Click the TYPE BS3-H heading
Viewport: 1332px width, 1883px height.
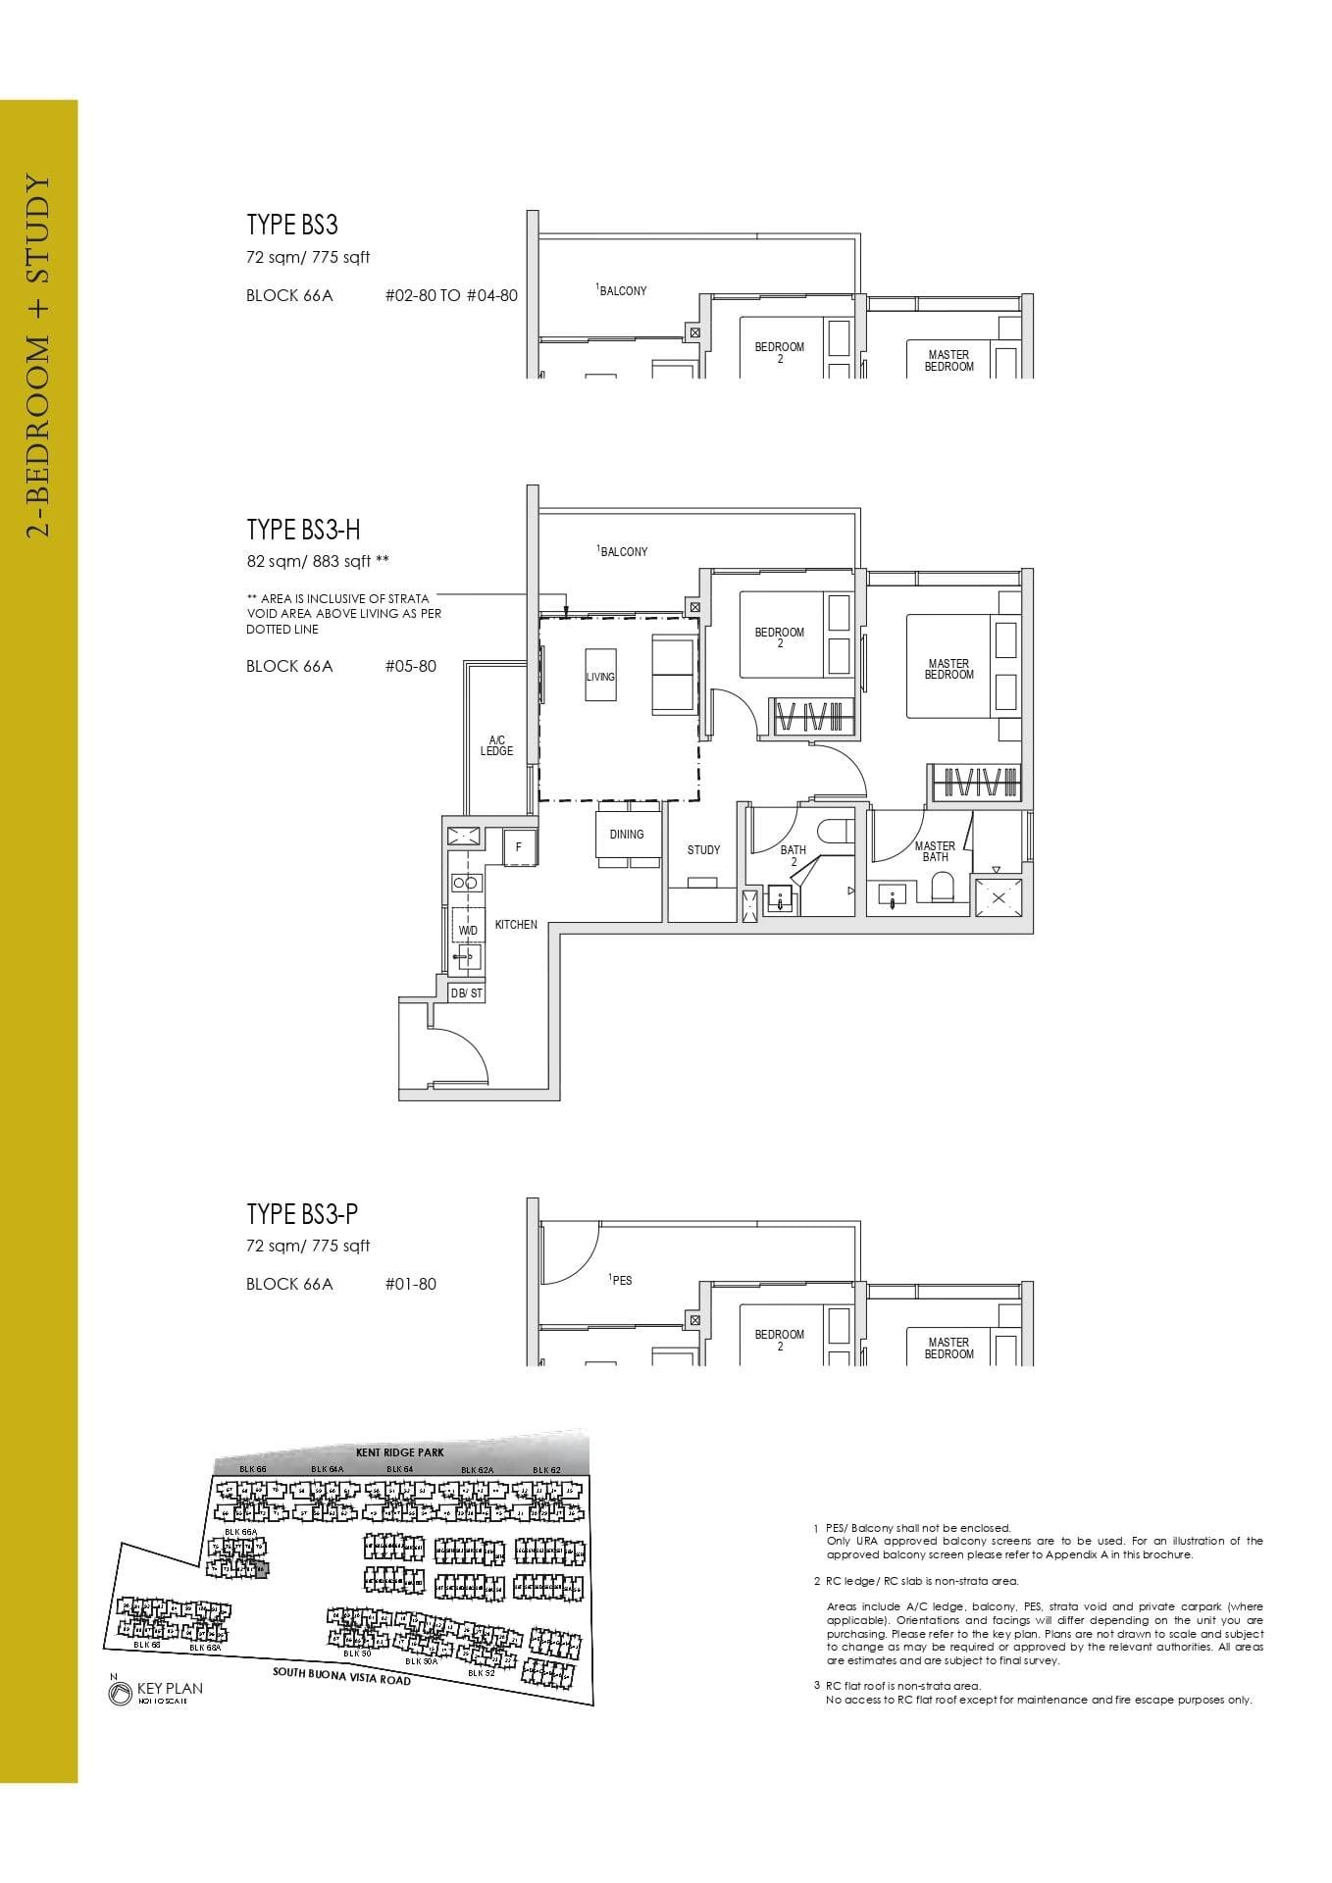point(303,530)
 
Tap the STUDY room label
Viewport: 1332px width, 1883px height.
point(703,850)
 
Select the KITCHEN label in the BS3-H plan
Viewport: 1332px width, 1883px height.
point(516,925)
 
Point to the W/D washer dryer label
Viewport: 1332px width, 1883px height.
point(468,930)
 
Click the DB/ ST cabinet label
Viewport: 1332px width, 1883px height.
point(467,993)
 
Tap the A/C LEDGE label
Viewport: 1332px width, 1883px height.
point(496,745)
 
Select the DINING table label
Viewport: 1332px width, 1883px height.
point(627,835)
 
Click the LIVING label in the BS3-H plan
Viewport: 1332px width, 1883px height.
point(600,677)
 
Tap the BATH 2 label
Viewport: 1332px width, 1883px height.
point(794,855)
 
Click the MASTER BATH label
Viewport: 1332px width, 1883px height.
point(935,851)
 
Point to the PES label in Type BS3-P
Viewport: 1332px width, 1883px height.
point(621,1280)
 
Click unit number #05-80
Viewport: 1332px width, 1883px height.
point(411,666)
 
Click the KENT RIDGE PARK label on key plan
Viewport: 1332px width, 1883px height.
point(400,1451)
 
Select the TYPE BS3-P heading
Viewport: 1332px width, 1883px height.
point(302,1214)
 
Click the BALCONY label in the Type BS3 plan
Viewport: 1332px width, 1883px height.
point(623,290)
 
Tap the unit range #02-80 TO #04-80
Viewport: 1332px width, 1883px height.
point(451,295)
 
